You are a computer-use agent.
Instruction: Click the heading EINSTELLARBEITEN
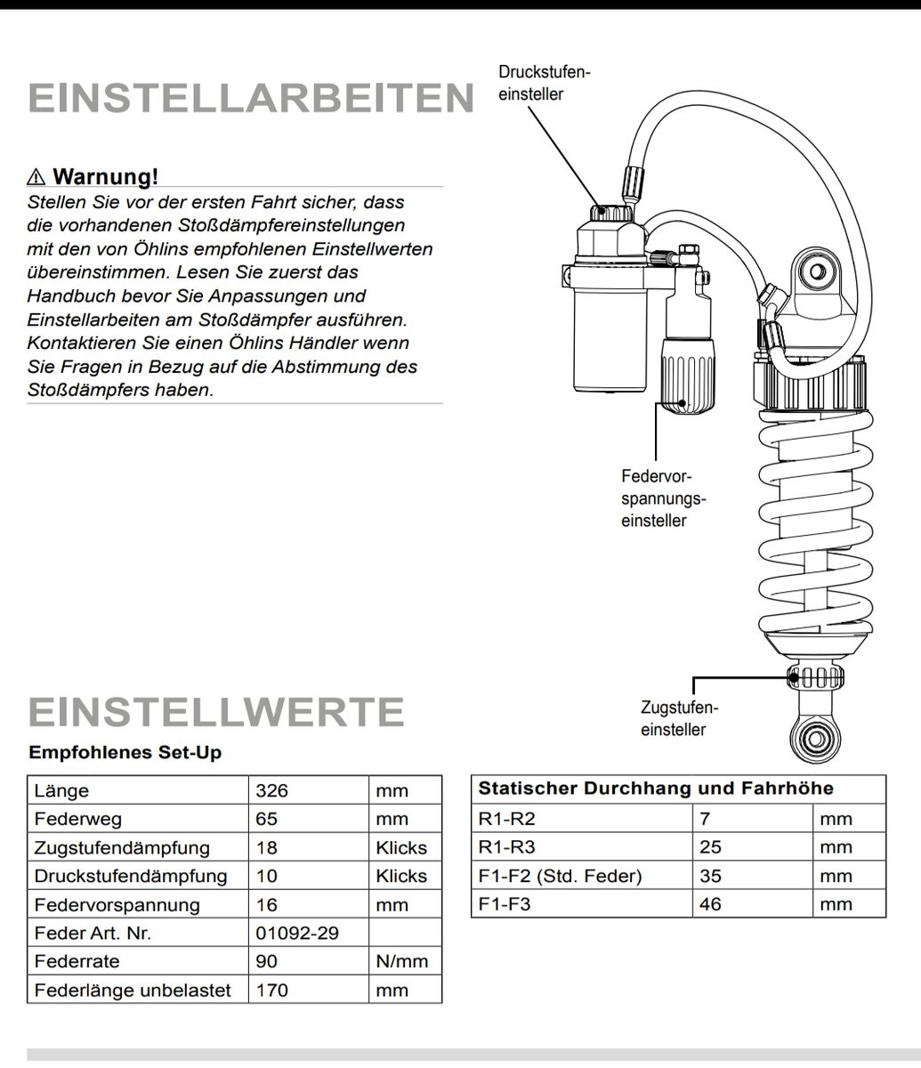tap(251, 98)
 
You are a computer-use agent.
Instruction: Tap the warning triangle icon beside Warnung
tap(37, 175)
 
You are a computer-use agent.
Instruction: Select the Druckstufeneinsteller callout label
tap(544, 83)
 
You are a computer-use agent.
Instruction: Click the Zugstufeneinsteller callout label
tap(678, 719)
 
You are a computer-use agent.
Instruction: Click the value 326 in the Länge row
tap(271, 790)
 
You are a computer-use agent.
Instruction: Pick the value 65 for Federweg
tap(266, 819)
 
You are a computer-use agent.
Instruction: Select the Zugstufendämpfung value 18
tap(266, 847)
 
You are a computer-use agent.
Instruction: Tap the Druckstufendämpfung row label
tap(130, 876)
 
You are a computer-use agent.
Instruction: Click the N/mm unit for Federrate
tap(401, 961)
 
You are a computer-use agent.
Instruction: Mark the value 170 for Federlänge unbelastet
tap(271, 990)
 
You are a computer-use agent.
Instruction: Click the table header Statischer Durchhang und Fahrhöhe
tap(656, 789)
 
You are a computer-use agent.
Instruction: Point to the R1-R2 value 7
tap(705, 819)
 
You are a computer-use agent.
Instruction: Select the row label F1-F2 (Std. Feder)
tap(560, 876)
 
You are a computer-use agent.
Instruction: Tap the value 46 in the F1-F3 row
tap(710, 904)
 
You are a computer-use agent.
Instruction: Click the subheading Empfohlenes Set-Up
tap(125, 752)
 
